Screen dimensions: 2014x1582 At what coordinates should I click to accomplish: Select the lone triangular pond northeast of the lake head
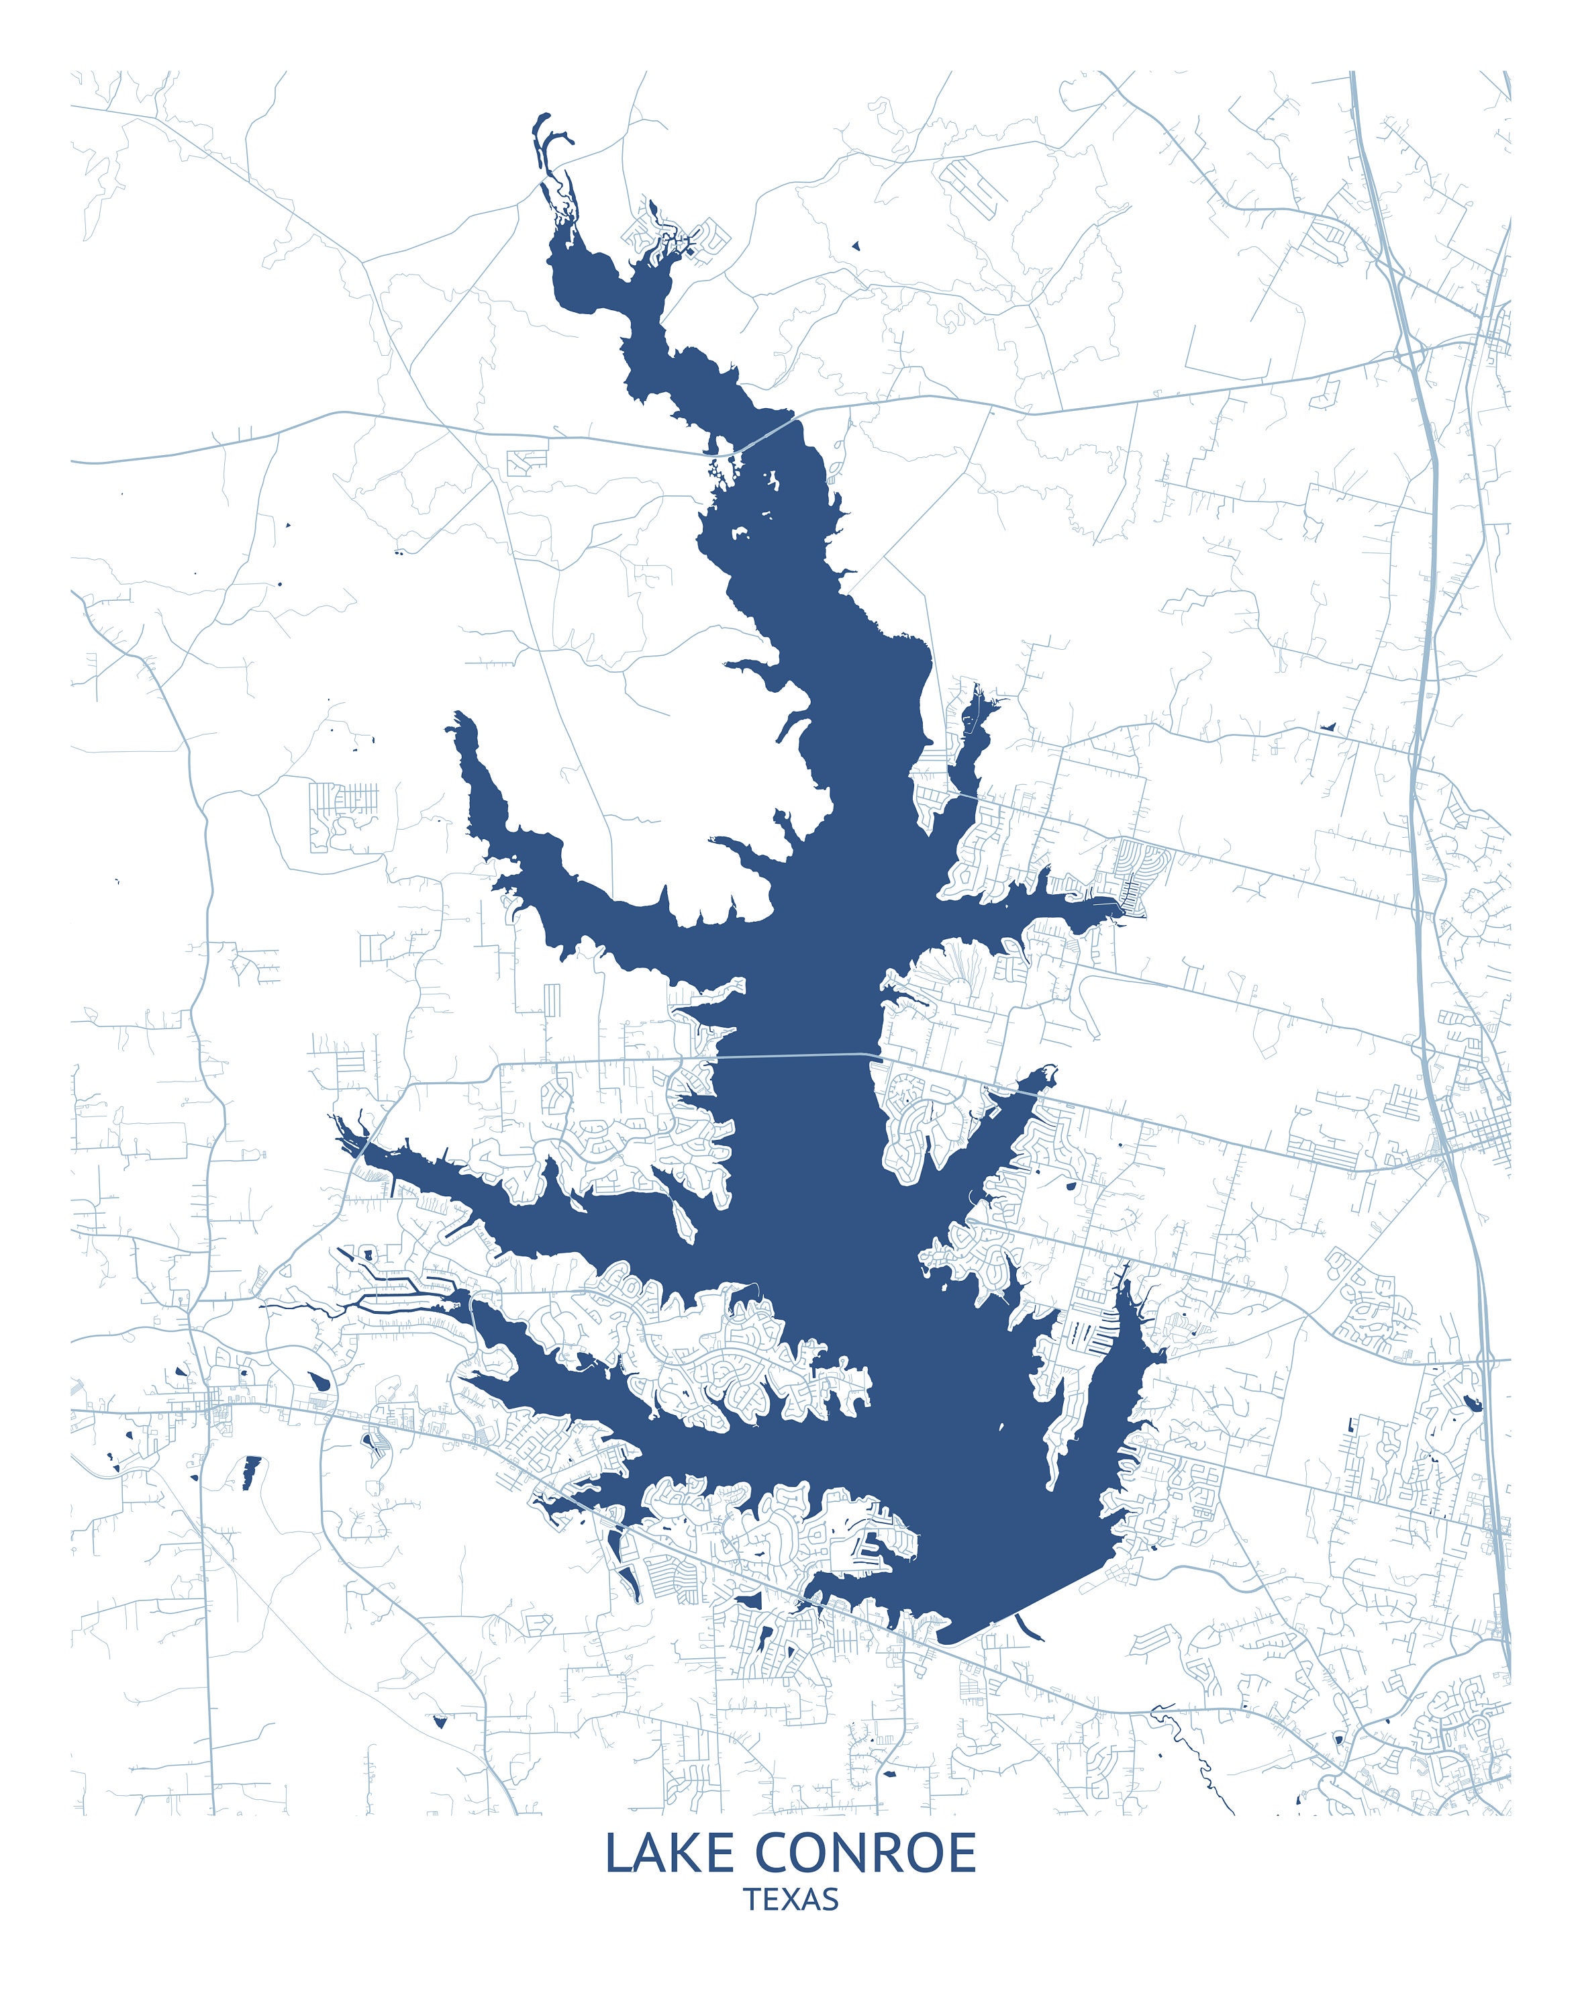coord(856,246)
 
